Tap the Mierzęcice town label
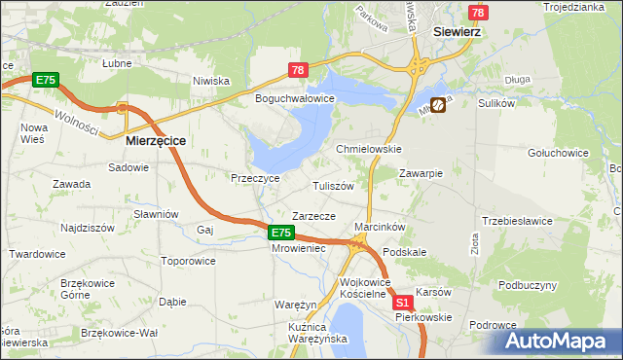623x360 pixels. (x=156, y=140)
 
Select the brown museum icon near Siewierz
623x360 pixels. (x=438, y=104)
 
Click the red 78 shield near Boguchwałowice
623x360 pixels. (x=299, y=69)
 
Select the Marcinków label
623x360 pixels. (x=380, y=227)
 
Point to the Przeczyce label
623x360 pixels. (x=255, y=179)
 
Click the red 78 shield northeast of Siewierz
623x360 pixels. (x=477, y=13)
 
